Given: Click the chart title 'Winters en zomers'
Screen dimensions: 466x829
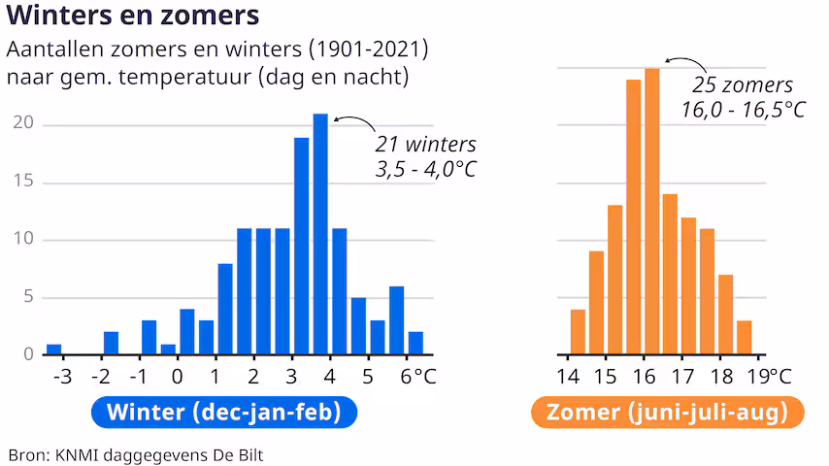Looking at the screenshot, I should click(133, 17).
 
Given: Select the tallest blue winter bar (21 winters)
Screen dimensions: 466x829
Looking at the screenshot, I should click(320, 234).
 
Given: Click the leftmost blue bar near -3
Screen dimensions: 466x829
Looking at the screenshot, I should click(54, 349).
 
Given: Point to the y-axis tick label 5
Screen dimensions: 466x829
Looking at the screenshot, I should click(28, 298).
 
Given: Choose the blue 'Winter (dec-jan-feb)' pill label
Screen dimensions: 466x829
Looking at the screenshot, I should click(224, 413).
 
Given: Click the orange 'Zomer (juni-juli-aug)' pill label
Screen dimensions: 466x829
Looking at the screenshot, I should click(666, 413).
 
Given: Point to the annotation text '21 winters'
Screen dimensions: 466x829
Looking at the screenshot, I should click(425, 146).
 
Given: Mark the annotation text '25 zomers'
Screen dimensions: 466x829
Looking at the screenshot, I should click(743, 85).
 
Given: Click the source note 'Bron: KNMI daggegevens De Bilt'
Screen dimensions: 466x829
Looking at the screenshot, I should click(136, 454).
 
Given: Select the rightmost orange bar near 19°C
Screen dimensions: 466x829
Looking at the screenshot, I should click(744, 337).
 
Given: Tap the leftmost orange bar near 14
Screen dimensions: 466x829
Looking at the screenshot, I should click(578, 331).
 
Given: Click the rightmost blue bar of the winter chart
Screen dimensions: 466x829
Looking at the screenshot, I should click(415, 343).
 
